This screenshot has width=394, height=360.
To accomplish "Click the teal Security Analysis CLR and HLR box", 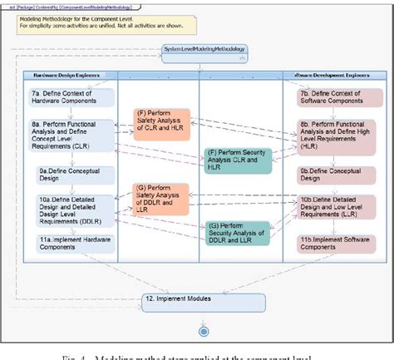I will (x=238, y=158).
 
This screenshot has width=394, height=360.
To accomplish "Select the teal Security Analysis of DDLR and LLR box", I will (x=238, y=234).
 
